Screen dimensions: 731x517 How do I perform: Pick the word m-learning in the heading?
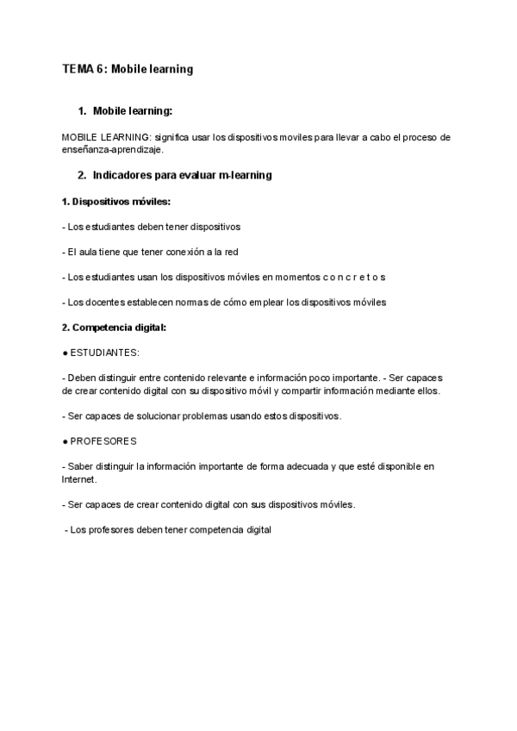pos(245,175)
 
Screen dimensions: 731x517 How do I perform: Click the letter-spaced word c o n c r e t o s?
pos(354,277)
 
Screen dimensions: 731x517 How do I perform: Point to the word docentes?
pos(104,302)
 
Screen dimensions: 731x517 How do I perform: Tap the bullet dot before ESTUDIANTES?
pos(65,353)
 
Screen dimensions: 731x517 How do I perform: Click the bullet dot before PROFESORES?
pos(65,441)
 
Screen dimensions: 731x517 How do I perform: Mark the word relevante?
pos(239,378)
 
